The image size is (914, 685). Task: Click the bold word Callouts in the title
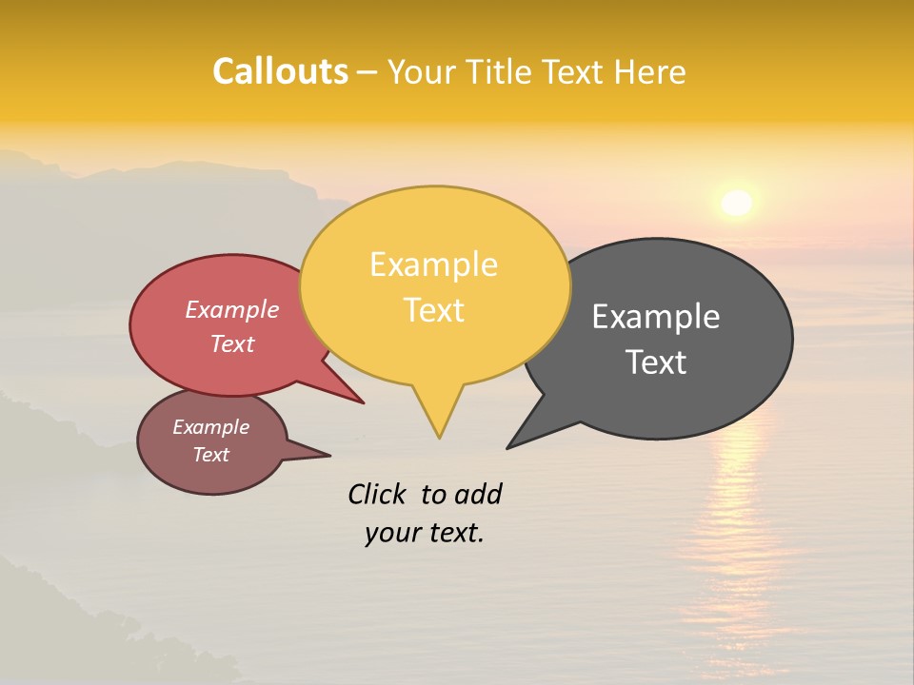280,71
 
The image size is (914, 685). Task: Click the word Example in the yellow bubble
433,264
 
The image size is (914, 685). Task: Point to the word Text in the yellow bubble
433,310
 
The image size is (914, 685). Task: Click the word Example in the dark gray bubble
655,317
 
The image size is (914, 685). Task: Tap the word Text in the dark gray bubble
656,362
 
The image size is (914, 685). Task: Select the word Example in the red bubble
231,310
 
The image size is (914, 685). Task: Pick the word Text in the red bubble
231,344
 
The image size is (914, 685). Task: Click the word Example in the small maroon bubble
210,427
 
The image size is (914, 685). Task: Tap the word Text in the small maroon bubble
210,455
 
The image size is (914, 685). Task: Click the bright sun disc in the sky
736,203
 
